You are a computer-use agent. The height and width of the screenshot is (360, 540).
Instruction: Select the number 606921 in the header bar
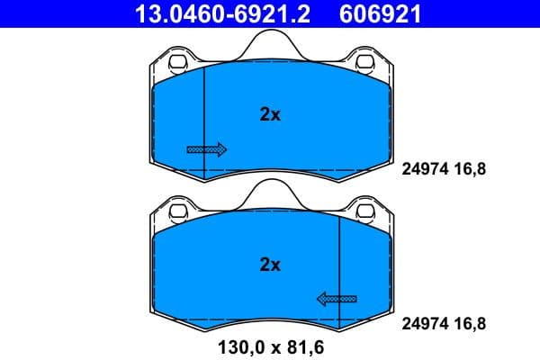(x=379, y=13)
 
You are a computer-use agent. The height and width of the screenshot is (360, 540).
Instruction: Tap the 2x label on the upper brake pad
(x=270, y=114)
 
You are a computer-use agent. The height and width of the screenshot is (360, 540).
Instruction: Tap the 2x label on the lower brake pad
(x=270, y=265)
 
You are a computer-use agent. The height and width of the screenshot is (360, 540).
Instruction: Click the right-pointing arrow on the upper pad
(x=206, y=149)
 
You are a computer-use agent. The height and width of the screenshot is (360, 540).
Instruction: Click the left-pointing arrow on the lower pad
(x=336, y=299)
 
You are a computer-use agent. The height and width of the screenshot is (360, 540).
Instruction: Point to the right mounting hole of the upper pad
(x=365, y=65)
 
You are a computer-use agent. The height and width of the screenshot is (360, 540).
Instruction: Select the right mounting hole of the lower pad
(x=365, y=213)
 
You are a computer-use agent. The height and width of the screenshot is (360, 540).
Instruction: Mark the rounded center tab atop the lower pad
(x=270, y=193)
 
